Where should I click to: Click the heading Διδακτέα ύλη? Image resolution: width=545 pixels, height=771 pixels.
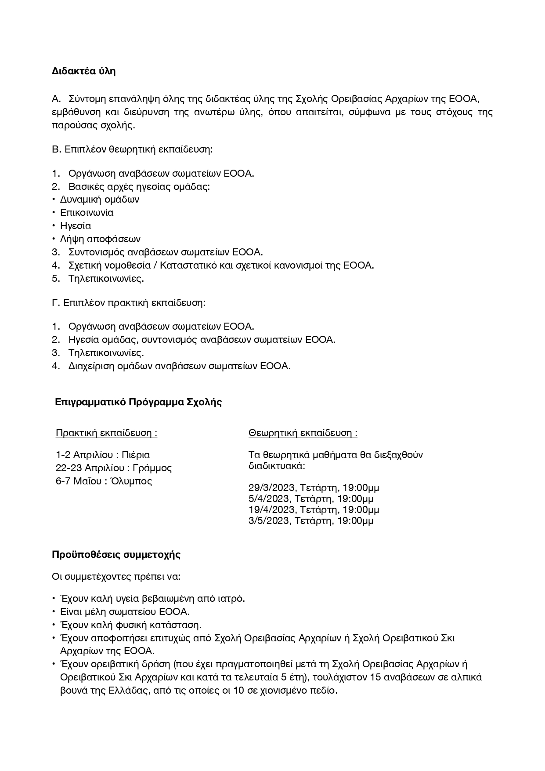coord(83,71)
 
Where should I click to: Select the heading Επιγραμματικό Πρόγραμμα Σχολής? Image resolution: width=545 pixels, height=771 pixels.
coord(138,402)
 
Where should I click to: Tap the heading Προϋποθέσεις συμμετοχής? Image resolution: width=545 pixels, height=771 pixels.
coord(116,554)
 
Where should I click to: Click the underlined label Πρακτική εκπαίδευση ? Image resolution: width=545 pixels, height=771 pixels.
coord(106,433)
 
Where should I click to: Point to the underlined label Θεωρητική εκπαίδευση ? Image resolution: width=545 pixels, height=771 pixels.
coord(303,433)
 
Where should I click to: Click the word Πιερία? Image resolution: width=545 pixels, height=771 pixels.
coord(136,455)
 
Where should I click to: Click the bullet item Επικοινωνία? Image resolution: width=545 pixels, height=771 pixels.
coord(87,213)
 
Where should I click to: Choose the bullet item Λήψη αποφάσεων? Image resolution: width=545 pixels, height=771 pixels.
coord(100,239)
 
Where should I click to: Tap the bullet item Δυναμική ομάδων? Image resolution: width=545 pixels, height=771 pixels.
coord(99,200)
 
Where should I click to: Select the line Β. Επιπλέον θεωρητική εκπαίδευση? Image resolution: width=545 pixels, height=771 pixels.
coord(132,149)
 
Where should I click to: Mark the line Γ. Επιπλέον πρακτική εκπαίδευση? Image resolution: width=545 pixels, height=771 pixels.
coord(129,303)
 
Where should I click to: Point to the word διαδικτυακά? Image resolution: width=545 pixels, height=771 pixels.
coord(277,466)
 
